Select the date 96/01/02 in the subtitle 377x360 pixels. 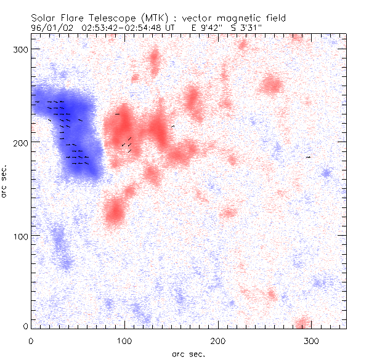click(x=49, y=28)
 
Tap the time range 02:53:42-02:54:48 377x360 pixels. click(x=122, y=28)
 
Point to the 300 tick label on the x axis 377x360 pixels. click(x=312, y=340)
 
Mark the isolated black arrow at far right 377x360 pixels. click(x=309, y=157)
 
